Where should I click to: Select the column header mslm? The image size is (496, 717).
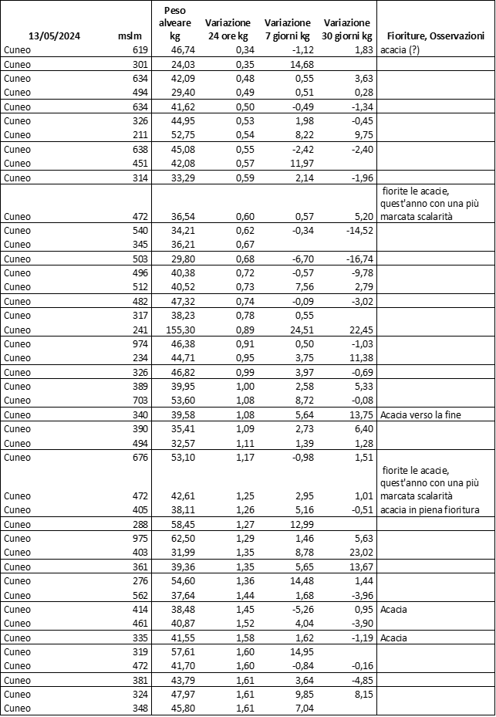[128, 36]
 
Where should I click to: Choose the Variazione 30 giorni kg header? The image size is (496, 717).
[347, 29]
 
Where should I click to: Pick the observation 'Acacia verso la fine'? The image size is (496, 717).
[425, 415]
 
